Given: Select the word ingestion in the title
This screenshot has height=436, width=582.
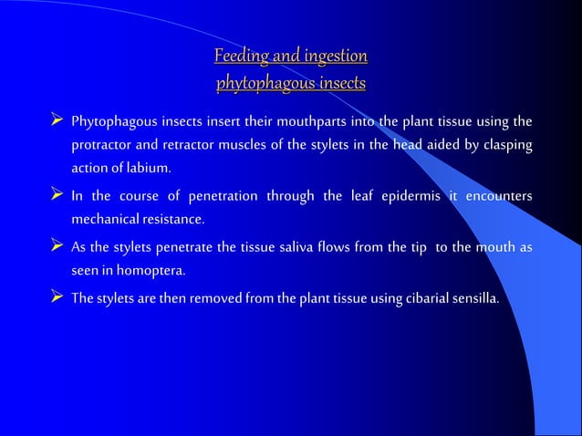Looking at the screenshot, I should (331, 57).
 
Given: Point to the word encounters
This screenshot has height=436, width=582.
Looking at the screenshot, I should (500, 196).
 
